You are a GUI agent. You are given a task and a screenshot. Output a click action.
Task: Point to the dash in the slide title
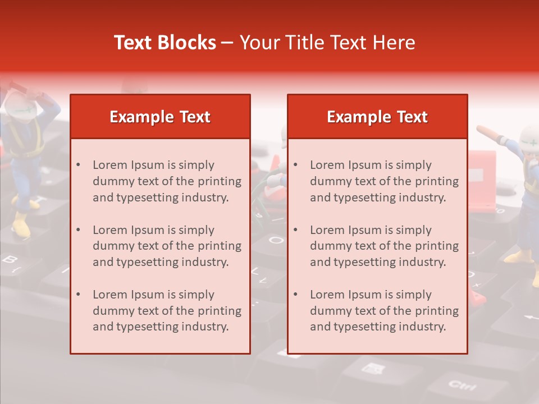click(x=227, y=43)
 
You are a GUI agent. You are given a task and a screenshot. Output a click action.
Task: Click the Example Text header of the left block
click(x=160, y=117)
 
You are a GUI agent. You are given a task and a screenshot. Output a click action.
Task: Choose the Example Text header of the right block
click(x=377, y=117)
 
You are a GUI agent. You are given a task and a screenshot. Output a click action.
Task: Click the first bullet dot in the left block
click(x=78, y=165)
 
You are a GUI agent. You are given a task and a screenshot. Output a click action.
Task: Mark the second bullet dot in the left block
click(x=78, y=230)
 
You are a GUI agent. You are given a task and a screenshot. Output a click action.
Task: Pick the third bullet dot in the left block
click(x=78, y=295)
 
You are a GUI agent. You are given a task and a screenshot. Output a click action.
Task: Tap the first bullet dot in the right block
click(x=295, y=165)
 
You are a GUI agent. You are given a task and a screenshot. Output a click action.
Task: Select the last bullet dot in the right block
click(x=295, y=295)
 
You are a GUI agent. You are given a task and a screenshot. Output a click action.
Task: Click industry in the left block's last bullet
click(x=207, y=327)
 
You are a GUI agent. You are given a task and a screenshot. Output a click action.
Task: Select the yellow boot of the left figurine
click(x=21, y=227)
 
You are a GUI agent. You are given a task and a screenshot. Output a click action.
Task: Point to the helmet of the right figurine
click(x=529, y=137)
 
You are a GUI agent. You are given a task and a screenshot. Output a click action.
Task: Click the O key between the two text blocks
click(x=275, y=240)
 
